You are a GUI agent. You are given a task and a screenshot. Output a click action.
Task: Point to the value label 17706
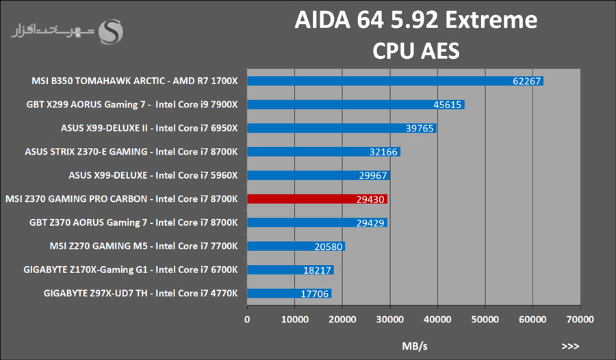[x=316, y=294]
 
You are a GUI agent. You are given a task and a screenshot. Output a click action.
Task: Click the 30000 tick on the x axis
[x=389, y=319]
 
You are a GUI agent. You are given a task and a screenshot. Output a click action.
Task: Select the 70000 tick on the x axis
[x=580, y=319]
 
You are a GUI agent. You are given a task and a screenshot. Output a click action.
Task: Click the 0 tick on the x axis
[x=247, y=319]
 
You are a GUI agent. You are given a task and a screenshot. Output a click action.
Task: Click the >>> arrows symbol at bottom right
[x=570, y=346]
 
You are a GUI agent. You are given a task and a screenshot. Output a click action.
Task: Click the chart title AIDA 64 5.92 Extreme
[x=416, y=21]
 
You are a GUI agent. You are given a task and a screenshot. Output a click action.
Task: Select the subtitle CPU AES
[x=416, y=51]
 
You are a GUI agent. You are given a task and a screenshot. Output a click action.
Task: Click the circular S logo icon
[x=112, y=31]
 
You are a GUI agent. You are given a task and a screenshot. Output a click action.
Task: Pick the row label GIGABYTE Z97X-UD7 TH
[x=140, y=294]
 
